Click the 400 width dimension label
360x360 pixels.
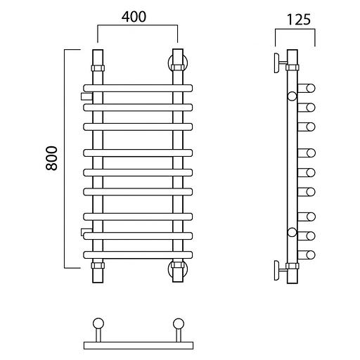tap(134, 17)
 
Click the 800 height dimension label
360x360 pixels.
tap(51, 158)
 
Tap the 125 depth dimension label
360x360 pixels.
tap(299, 20)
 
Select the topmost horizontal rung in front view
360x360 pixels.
tap(138, 88)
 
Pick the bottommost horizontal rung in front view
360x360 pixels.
tap(138, 255)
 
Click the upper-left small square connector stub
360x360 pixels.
tap(86, 96)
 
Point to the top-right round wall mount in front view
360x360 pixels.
tap(178, 63)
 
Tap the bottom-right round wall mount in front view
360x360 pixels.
tap(178, 269)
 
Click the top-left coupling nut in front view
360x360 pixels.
tap(98, 68)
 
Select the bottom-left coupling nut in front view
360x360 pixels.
tap(98, 266)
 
